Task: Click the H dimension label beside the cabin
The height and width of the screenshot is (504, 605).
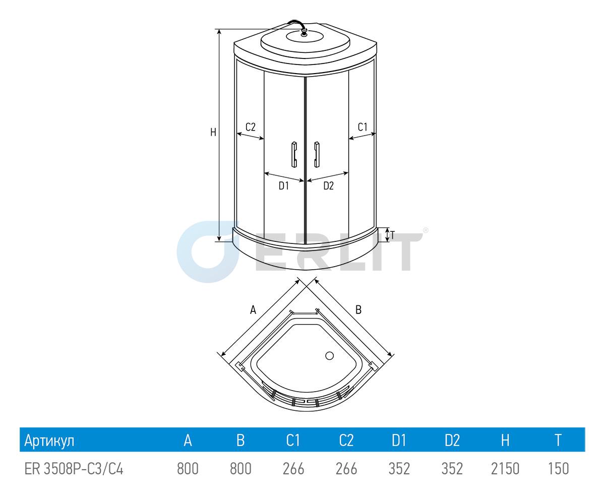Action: (x=213, y=133)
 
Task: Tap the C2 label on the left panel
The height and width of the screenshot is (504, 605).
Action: (x=251, y=127)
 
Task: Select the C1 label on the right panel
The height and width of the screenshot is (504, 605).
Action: (x=362, y=127)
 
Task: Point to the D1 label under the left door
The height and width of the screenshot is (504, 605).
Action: (x=284, y=185)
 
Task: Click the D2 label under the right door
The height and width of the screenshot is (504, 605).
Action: (x=329, y=185)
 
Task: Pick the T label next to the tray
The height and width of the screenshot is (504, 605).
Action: (x=393, y=235)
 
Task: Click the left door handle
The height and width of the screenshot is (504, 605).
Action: (x=294, y=154)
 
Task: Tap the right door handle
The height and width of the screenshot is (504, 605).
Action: (x=317, y=154)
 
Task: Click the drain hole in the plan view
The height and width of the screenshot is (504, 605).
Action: (x=329, y=356)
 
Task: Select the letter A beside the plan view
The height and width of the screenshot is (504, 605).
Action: (x=253, y=310)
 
